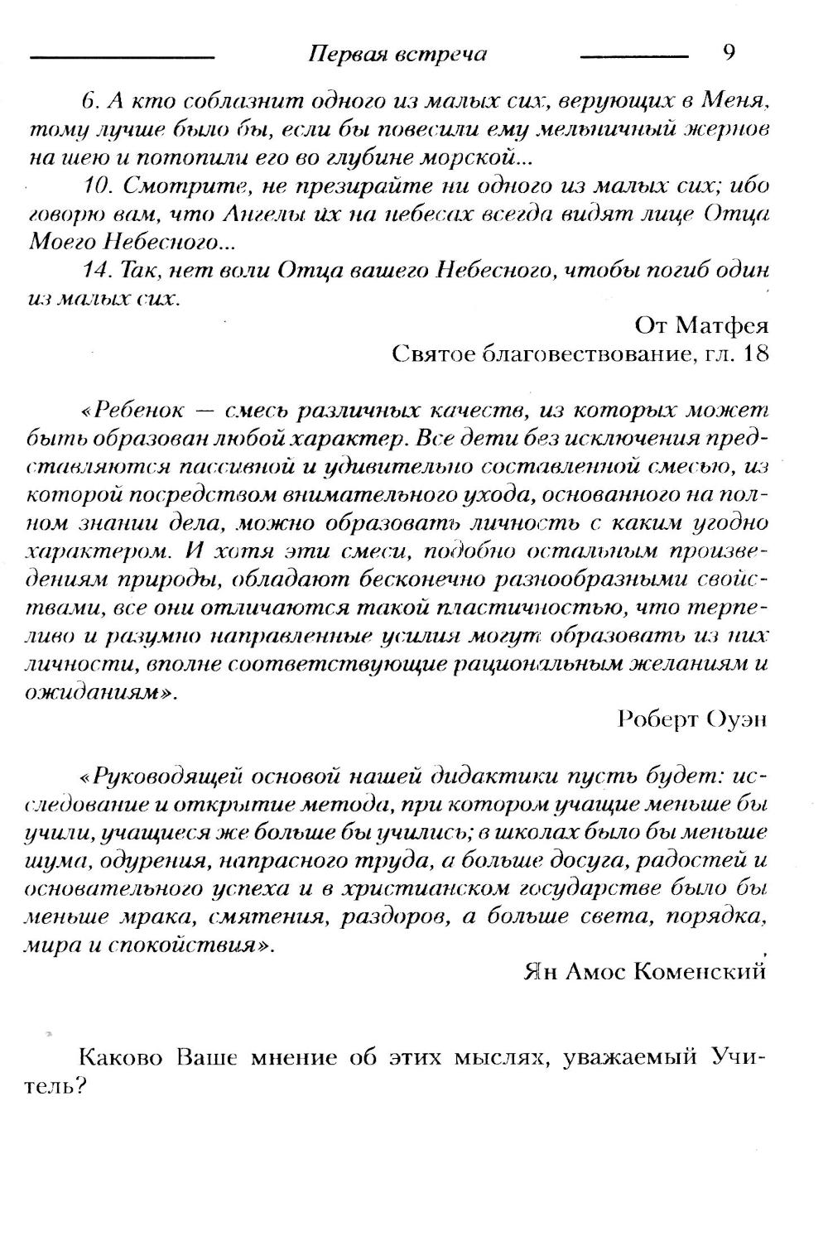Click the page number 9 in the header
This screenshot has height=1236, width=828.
click(x=729, y=53)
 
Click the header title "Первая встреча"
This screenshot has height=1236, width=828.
click(x=397, y=55)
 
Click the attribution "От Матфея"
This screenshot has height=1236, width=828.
click(x=701, y=325)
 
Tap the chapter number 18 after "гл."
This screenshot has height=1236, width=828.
click(x=756, y=353)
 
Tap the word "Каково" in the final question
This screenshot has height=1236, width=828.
click(x=123, y=1058)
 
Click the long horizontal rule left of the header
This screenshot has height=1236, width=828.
click(x=122, y=57)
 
